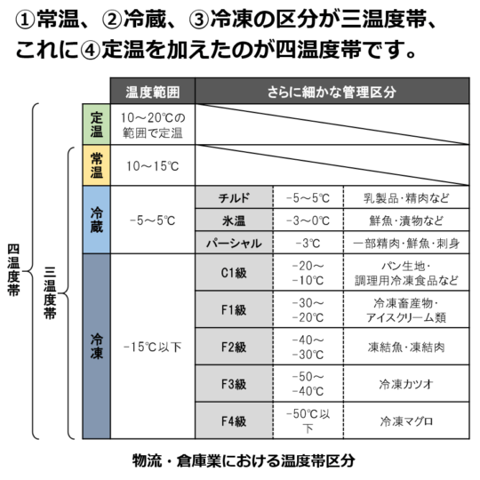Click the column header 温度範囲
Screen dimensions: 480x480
click(153, 92)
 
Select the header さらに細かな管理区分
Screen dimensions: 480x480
click(332, 92)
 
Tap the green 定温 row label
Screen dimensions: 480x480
click(96, 124)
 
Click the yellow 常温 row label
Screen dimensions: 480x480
click(96, 165)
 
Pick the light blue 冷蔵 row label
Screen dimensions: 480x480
click(96, 220)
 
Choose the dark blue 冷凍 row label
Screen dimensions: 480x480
click(96, 347)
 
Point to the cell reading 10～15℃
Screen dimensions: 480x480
click(153, 165)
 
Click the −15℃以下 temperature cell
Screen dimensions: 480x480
click(153, 347)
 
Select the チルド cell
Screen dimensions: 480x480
click(234, 197)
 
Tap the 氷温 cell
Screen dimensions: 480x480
click(234, 220)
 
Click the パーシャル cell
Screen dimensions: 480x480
click(234, 243)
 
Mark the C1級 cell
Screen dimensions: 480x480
click(234, 273)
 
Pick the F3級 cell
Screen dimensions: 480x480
click(234, 384)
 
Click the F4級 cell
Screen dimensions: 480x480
click(234, 421)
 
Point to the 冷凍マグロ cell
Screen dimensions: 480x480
click(406, 421)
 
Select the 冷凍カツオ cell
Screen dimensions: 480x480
click(406, 384)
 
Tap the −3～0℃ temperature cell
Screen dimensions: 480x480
click(308, 220)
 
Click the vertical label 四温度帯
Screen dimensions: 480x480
click(13, 270)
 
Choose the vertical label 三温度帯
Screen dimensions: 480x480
click(50, 293)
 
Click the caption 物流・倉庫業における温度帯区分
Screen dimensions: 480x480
click(244, 460)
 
